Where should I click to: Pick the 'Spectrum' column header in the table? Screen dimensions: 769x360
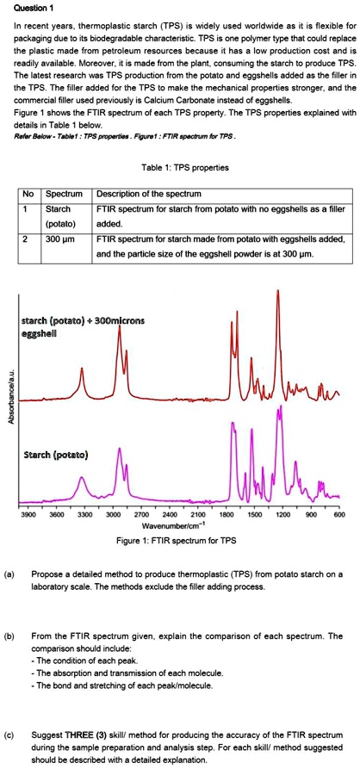[62, 193]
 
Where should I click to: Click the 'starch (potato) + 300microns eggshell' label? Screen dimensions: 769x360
[78, 325]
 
